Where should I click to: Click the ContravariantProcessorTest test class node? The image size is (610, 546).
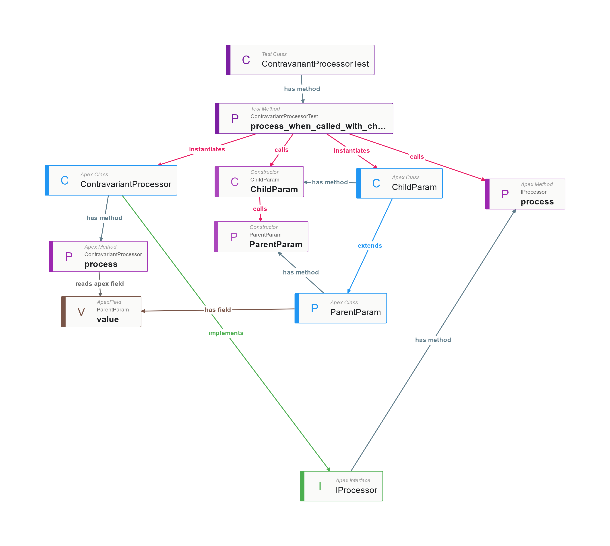300,60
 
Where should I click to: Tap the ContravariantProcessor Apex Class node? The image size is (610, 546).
111,180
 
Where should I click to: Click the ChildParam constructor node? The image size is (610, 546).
259,182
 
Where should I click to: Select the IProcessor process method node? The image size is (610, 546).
525,194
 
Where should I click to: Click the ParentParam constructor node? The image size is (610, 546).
261,237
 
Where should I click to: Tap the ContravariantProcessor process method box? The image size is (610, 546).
98,256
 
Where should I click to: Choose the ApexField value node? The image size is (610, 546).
101,312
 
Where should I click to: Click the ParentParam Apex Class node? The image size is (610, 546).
341,308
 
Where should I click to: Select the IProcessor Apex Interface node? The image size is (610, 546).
341,486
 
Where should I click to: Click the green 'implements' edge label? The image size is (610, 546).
226,333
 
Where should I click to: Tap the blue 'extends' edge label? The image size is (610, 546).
370,246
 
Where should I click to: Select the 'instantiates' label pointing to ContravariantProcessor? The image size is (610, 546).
207,149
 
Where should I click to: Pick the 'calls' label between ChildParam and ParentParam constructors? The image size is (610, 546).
260,209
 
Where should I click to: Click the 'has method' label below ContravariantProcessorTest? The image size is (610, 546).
302,89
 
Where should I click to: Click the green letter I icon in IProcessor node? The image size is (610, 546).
320,486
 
